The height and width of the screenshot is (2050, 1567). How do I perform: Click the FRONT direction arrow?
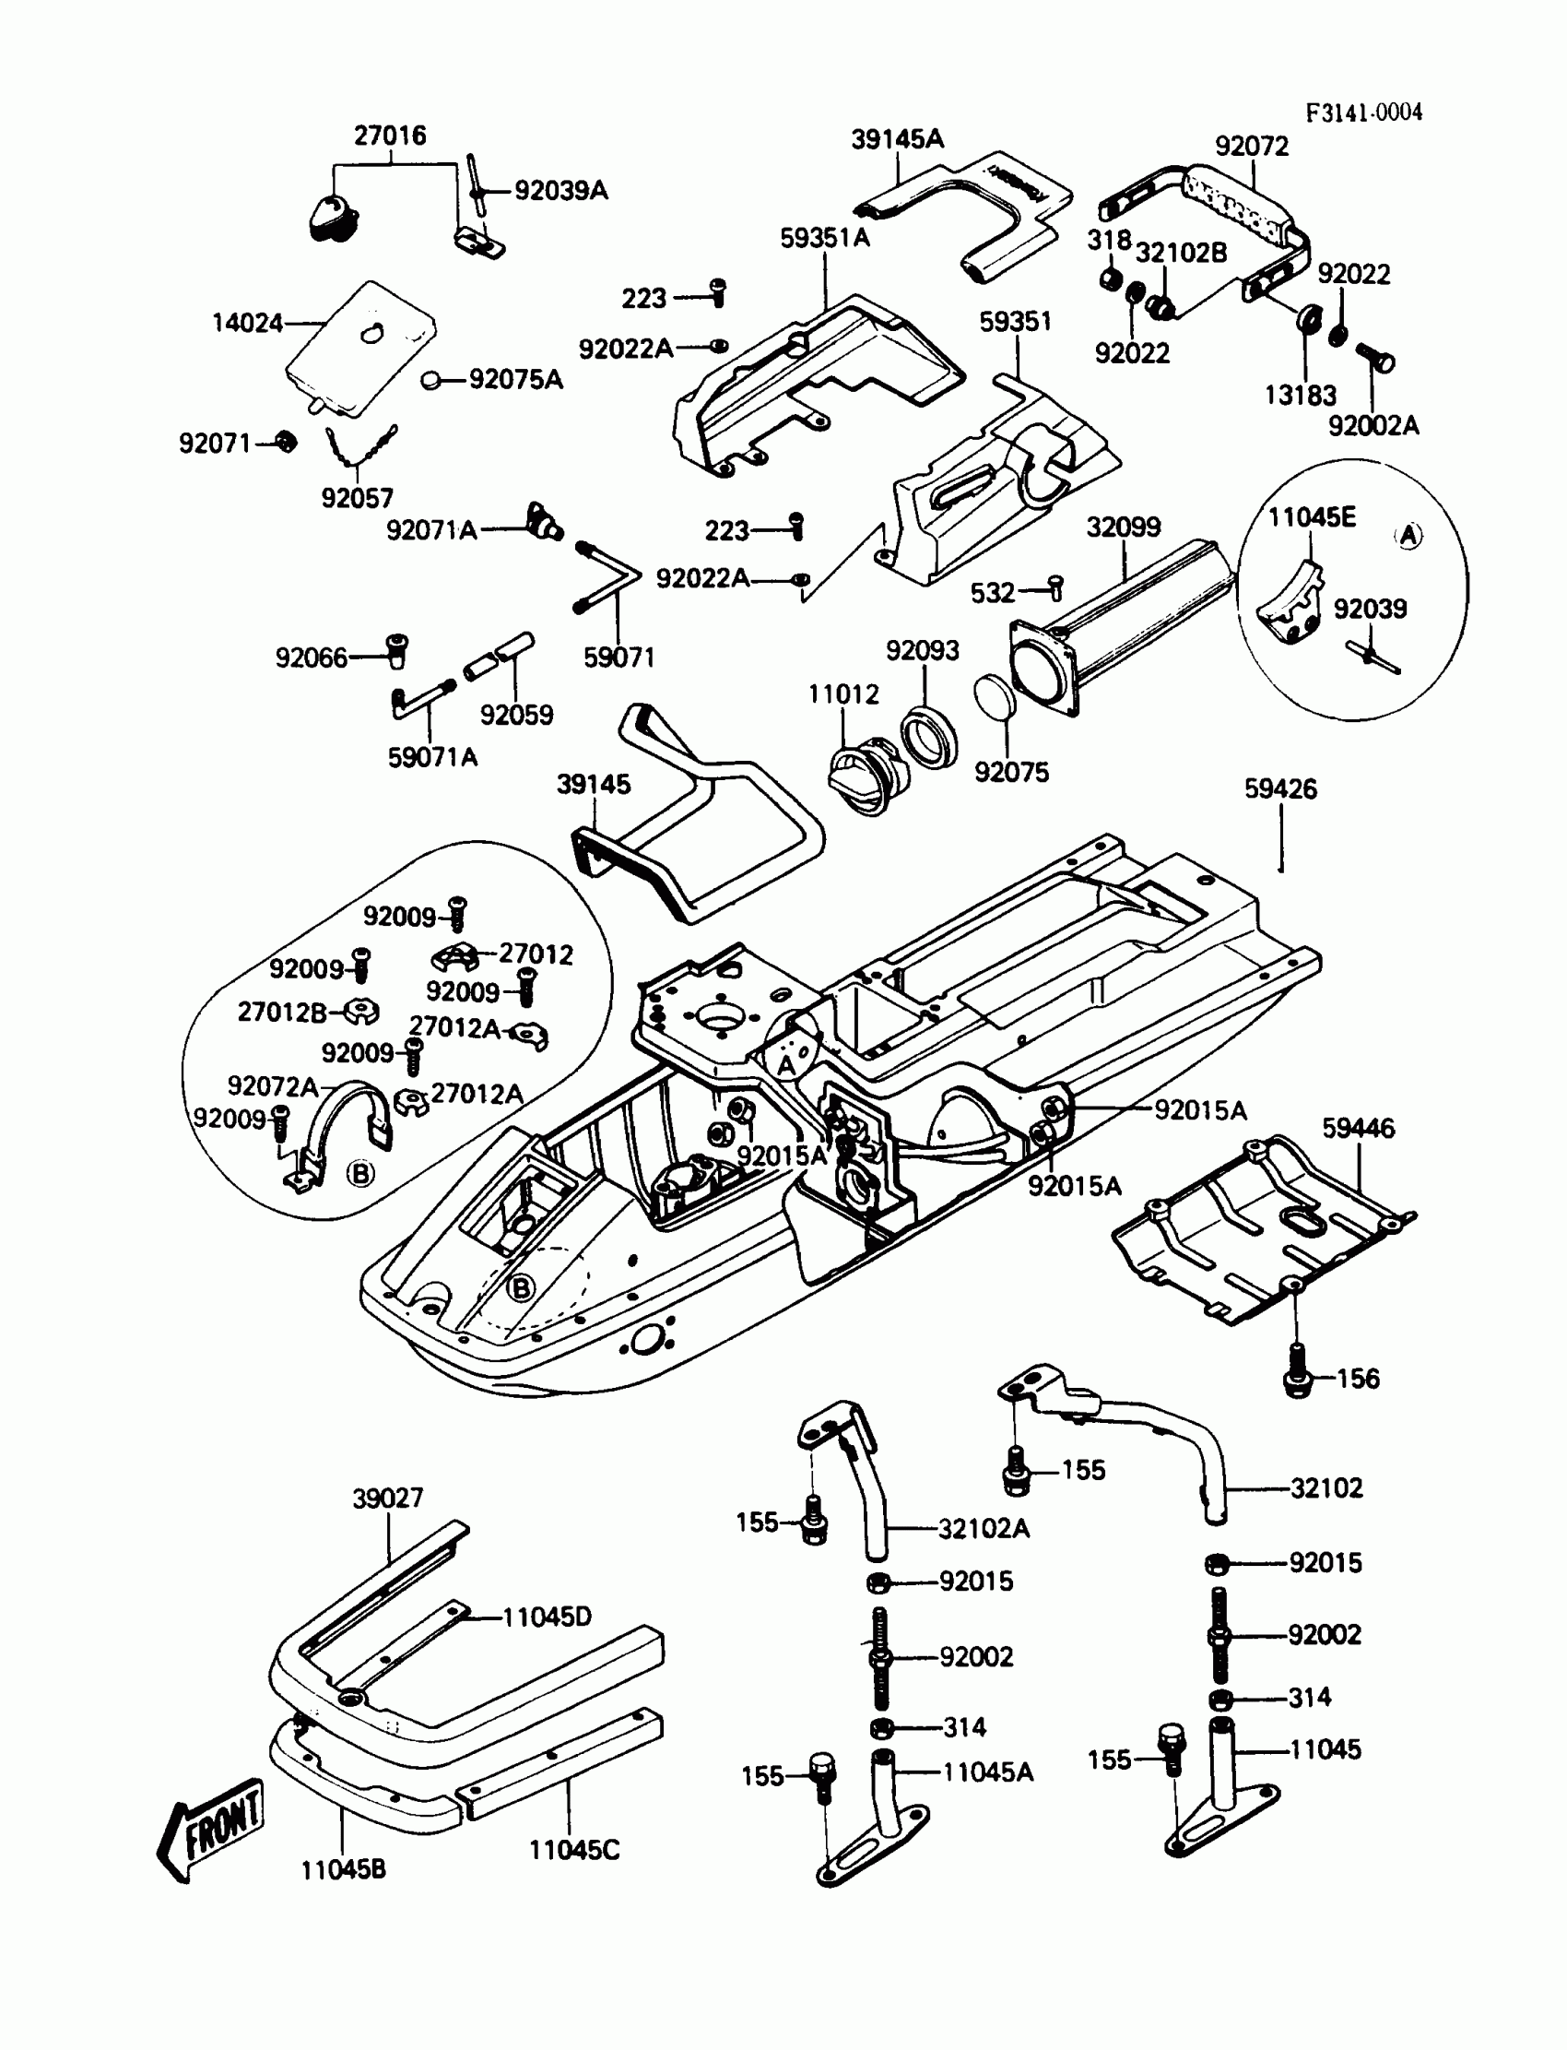coord(212,1830)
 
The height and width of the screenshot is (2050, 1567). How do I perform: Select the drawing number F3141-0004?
coord(1363,113)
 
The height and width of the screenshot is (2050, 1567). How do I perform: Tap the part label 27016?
coord(390,136)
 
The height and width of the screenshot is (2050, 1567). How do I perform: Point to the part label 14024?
coord(247,323)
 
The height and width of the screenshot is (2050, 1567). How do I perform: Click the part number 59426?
coord(1280,789)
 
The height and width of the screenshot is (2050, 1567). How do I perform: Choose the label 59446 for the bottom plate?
coord(1358,1128)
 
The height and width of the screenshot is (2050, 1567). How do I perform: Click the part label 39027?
coord(388,1498)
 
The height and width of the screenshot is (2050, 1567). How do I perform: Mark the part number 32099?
coord(1123,527)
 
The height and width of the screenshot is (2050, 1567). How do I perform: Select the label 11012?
coord(843,694)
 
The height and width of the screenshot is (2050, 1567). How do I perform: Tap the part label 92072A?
coord(273,1086)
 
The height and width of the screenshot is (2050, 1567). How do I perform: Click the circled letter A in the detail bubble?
coord(1409,536)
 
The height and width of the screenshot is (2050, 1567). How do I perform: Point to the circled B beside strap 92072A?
coord(360,1174)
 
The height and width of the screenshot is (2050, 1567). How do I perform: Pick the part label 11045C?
coord(573,1850)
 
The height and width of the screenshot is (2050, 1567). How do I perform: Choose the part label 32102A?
coord(984,1528)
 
